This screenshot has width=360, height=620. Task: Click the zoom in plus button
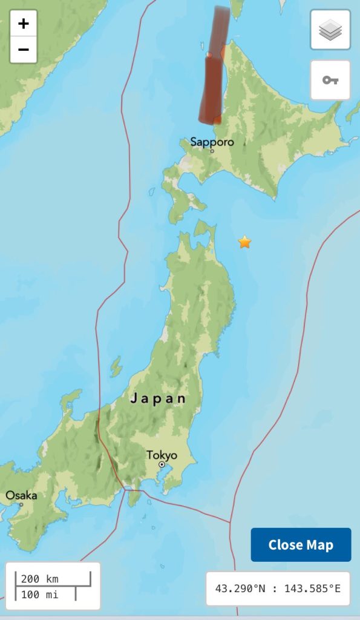point(24,24)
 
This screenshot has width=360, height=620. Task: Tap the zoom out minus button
point(24,50)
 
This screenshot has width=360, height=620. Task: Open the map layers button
point(330,30)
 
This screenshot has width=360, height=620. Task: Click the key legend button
point(330,80)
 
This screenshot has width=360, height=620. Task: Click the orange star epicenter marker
point(244,242)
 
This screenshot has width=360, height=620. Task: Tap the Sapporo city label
point(212,142)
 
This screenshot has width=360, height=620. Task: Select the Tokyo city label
point(162,455)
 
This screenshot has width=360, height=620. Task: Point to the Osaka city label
point(21,495)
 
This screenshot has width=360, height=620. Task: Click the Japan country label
point(158,399)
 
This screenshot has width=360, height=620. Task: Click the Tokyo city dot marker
point(162,465)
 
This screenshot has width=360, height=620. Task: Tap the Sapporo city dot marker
point(212,151)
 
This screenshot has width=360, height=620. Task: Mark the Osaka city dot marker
point(21,504)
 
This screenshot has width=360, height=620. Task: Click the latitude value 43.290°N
point(240,589)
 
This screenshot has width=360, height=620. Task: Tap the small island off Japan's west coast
point(116,366)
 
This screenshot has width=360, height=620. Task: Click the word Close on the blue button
point(285,545)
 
